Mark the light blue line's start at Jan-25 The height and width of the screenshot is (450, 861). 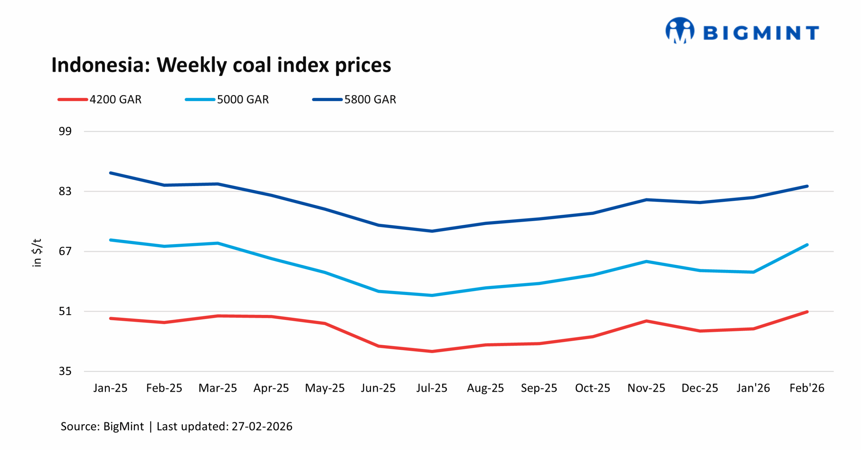click(110, 240)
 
